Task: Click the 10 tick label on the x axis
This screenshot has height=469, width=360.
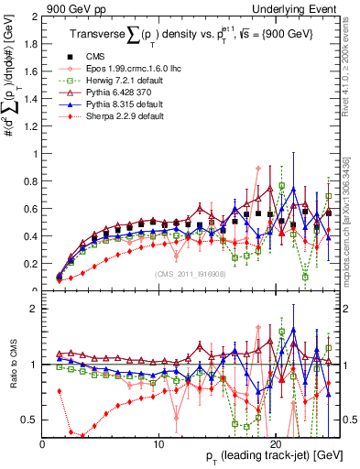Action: tap(158, 442)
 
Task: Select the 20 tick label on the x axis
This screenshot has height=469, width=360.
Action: tap(272, 442)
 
